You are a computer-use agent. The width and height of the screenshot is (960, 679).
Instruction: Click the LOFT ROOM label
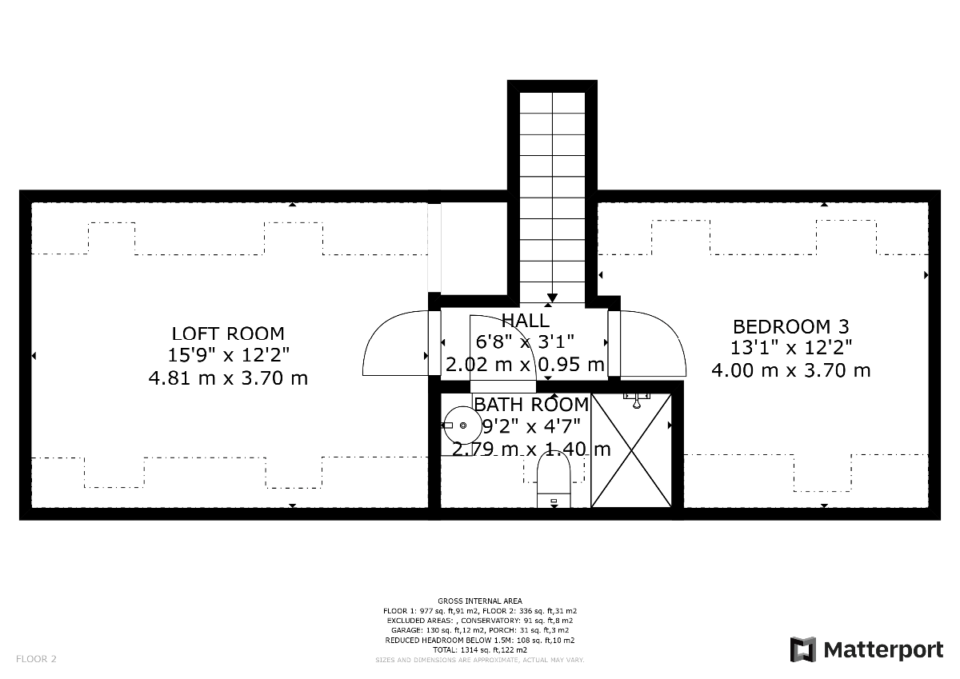tap(228, 334)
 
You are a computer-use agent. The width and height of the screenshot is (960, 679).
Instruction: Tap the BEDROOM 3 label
tap(791, 326)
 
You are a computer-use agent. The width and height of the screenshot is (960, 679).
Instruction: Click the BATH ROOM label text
tap(531, 405)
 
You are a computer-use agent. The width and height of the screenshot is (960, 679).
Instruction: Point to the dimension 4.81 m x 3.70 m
tap(228, 377)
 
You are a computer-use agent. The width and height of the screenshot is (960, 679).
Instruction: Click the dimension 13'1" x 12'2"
tap(791, 348)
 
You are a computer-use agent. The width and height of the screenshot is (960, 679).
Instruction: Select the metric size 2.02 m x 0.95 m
tap(525, 365)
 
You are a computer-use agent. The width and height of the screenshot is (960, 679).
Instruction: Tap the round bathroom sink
tap(462, 425)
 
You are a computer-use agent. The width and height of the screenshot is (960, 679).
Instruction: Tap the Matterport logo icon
tap(803, 649)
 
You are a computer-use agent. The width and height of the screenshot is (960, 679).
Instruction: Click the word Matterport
tap(883, 649)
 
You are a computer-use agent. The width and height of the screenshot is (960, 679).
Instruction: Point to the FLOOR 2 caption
tap(37, 659)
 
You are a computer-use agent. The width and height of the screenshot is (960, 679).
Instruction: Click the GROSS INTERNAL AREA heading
tap(480, 601)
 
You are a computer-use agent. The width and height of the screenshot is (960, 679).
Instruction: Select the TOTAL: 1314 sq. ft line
tap(480, 650)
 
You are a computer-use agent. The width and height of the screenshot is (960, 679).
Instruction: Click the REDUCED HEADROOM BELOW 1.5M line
tap(480, 641)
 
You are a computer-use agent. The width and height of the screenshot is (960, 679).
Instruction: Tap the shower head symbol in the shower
tap(637, 400)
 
